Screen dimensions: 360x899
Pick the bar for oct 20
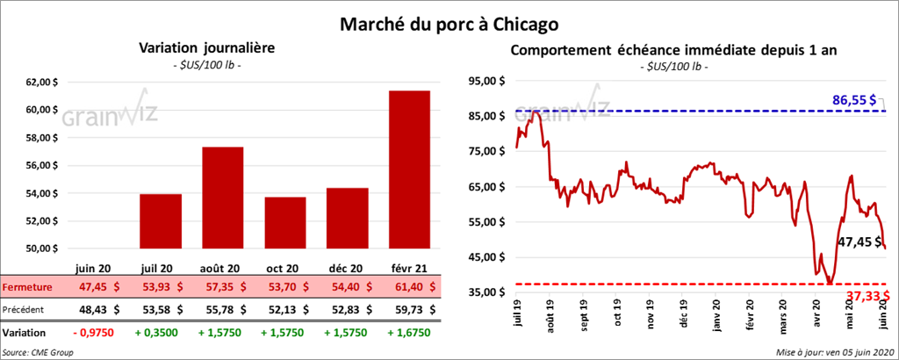point(284,223)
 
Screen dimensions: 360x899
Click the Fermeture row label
point(28,287)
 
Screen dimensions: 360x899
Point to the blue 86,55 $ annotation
point(854,101)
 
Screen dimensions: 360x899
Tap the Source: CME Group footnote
point(37,351)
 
